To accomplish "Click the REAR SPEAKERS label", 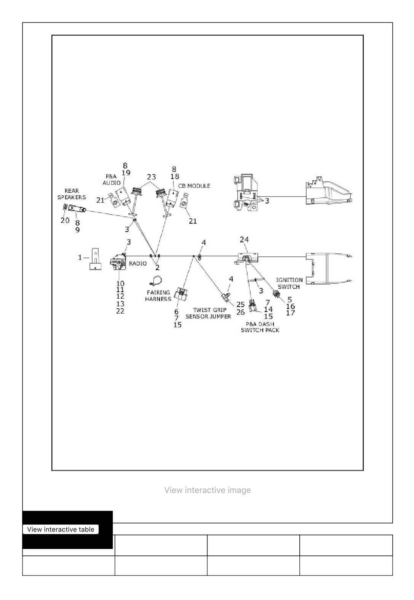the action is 72,194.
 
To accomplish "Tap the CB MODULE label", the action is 194,186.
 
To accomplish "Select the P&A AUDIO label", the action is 111,179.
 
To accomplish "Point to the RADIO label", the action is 137,264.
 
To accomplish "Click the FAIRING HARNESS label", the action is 158,296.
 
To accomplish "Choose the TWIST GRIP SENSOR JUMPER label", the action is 208,313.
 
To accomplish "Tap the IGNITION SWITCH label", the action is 289,283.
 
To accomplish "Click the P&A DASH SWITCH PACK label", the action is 260,327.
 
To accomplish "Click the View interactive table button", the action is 61,529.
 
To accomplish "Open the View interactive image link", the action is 208,490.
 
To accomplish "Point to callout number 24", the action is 244,240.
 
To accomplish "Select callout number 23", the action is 151,177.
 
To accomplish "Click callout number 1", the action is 80,258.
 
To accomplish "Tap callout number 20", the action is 65,221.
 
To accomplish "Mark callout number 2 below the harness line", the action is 157,267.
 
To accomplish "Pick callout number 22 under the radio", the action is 120,311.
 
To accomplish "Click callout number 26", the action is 240,312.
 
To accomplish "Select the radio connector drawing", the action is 118,262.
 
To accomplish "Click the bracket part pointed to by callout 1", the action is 95,259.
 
